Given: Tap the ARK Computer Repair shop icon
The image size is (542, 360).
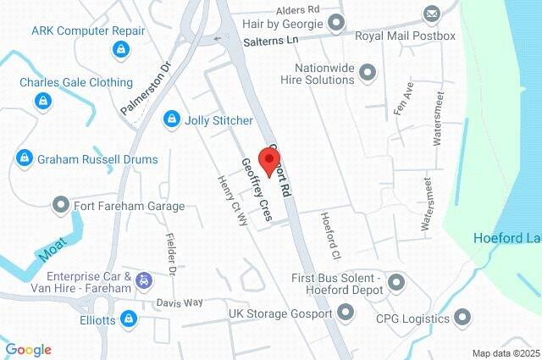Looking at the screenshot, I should point(120,50).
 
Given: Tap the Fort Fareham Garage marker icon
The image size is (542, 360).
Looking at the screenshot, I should point(60,205).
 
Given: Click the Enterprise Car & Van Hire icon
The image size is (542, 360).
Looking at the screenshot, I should point(144,280).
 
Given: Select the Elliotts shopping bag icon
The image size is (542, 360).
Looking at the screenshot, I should point(129,319).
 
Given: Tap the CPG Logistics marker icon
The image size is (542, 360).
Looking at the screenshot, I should point(462,318).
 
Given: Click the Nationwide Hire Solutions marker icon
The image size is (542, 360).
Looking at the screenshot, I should point(368,74).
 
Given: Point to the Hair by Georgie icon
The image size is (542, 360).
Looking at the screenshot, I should point(337,22).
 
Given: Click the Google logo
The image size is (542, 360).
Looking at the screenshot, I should point(28,350).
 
